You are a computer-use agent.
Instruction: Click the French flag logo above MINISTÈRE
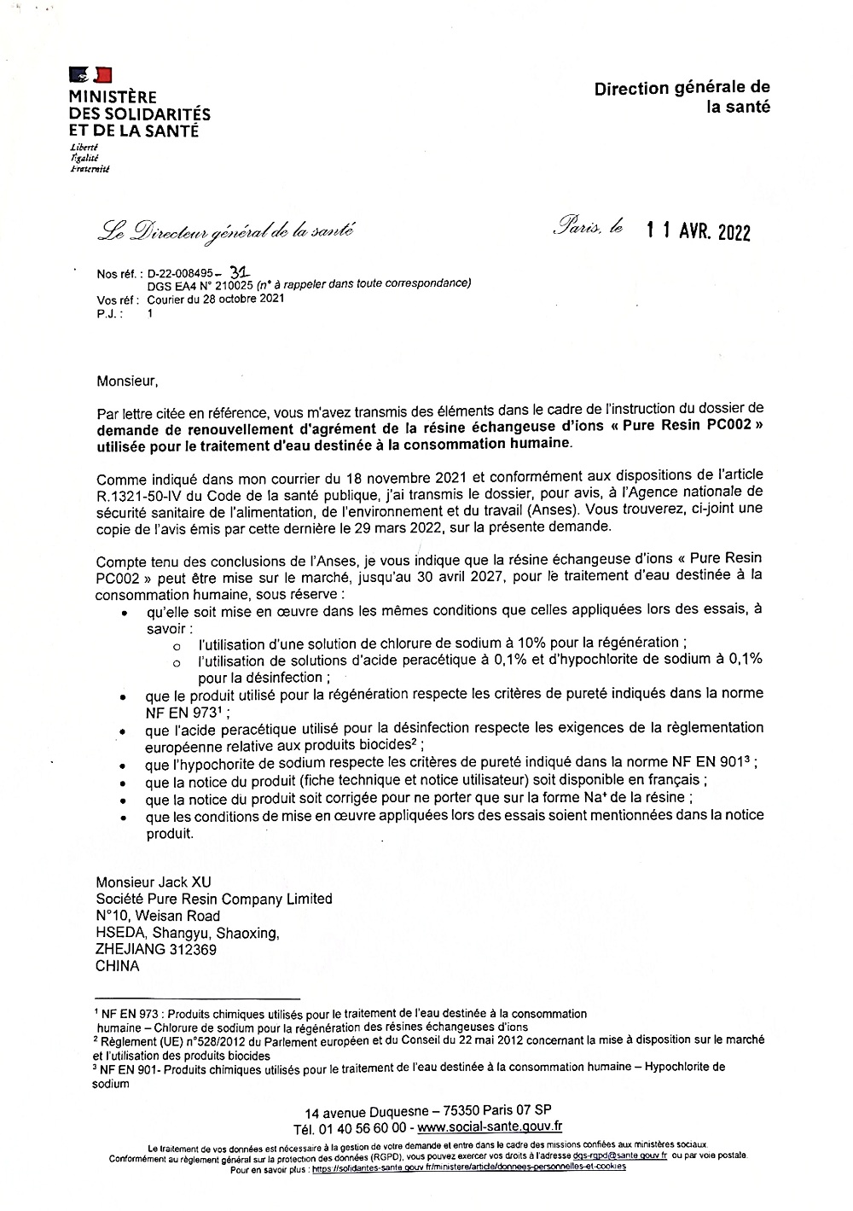tap(90, 75)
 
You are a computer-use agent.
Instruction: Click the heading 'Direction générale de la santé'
tap(682, 97)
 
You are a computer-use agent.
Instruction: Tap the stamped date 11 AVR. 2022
tap(698, 231)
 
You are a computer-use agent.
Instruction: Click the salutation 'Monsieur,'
tap(128, 381)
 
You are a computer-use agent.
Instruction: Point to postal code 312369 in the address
tap(192, 950)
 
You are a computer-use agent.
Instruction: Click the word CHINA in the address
tap(118, 967)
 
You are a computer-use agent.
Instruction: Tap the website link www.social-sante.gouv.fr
tap(490, 1127)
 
